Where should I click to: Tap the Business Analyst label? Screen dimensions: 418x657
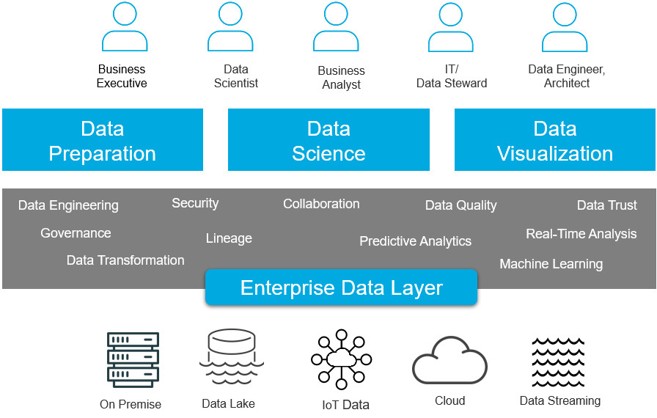[341, 78]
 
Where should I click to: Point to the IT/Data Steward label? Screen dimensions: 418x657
[452, 76]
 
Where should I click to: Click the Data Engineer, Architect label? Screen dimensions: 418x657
[566, 76]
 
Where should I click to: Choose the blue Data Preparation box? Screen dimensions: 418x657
[103, 140]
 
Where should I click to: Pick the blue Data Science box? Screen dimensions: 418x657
[328, 140]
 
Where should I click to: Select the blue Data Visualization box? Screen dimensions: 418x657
[555, 140]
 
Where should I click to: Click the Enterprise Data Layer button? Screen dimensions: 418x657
[341, 287]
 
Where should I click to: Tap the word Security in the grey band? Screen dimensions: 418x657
[195, 203]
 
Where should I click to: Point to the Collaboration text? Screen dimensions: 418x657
[321, 204]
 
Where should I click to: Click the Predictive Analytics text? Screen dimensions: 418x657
[415, 241]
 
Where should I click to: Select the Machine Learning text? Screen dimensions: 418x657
[551, 264]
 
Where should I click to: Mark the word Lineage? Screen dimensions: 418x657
[229, 238]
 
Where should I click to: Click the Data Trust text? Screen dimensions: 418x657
[606, 205]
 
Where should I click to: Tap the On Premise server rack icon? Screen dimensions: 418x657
[133, 360]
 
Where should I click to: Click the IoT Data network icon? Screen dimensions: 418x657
[341, 359]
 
